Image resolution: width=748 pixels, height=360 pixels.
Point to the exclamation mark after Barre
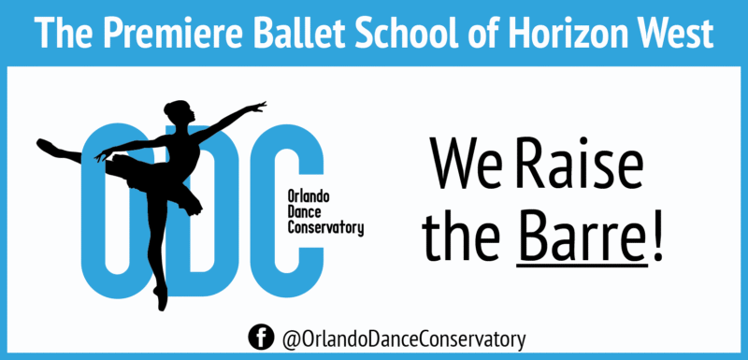[x=658, y=235]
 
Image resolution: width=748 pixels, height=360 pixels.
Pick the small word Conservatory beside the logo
[x=326, y=227]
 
